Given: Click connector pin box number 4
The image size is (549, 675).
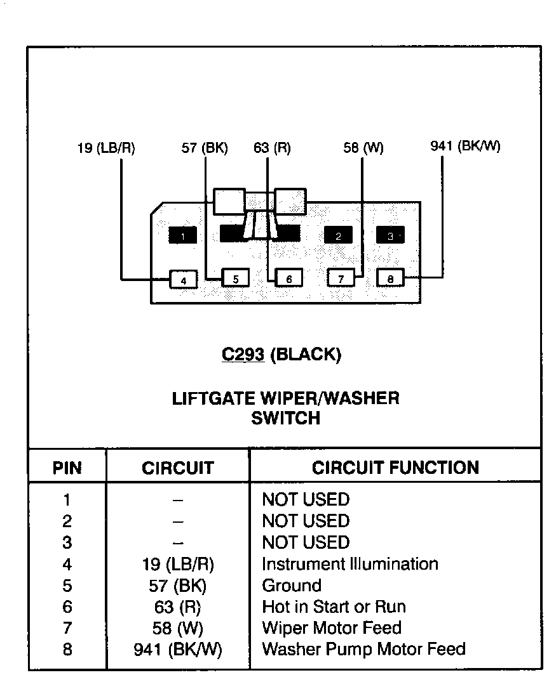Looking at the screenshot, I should (183, 279).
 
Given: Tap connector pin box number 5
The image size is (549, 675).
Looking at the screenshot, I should (235, 279).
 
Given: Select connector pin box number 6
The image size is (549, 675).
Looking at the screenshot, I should (288, 279).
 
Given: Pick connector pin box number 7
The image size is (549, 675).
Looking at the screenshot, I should (341, 278).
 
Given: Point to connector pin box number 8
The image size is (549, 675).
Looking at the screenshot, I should (390, 278).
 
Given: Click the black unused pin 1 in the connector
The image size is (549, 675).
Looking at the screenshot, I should (182, 236).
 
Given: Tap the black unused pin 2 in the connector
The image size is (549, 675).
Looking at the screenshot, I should (338, 235).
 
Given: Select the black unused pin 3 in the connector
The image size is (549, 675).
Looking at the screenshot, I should (390, 235).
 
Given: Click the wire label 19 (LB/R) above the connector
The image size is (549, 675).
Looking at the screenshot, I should (106, 148).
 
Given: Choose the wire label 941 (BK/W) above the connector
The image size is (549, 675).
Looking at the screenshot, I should (466, 147).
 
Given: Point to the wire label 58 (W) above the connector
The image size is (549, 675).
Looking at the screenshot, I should (363, 148).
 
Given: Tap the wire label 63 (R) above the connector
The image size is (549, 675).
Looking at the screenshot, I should (272, 148).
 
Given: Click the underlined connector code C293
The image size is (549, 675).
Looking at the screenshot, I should (243, 355).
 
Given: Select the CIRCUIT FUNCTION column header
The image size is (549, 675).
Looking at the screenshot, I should (395, 468).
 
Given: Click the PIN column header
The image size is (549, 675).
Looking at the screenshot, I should (67, 469).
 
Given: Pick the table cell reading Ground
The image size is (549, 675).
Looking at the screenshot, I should (292, 586).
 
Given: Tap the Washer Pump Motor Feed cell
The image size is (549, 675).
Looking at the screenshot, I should (363, 650).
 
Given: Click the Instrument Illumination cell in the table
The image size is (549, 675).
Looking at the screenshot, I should (350, 564).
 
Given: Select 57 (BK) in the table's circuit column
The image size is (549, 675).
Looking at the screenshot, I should (178, 586).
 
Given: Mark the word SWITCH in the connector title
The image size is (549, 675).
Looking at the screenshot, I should (286, 419).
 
